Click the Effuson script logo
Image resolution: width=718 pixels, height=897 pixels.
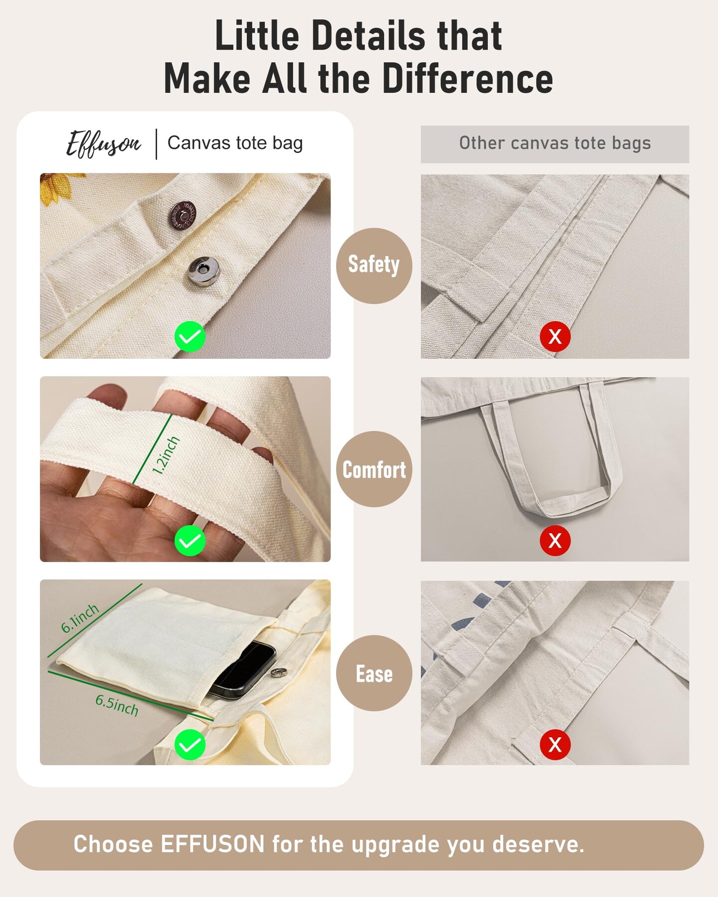(104, 144)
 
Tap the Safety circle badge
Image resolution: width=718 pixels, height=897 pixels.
(374, 266)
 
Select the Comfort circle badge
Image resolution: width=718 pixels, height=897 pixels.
(374, 469)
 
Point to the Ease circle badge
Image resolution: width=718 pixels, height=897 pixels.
(374, 673)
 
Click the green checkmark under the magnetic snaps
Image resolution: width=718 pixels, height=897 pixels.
(190, 336)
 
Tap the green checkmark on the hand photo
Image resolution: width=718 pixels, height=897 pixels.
(190, 541)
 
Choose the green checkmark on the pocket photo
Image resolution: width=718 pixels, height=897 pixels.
(190, 745)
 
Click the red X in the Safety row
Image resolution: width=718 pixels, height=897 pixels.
(555, 336)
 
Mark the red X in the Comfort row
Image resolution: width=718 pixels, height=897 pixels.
(555, 541)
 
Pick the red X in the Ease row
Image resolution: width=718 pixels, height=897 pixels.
(555, 745)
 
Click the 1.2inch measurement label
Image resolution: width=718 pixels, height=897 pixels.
(166, 455)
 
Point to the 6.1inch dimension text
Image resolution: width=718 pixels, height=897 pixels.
(80, 618)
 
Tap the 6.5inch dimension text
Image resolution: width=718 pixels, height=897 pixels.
(117, 705)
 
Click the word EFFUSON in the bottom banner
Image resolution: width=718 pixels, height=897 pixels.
(212, 844)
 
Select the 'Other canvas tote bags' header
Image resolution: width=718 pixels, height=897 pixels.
(555, 144)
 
